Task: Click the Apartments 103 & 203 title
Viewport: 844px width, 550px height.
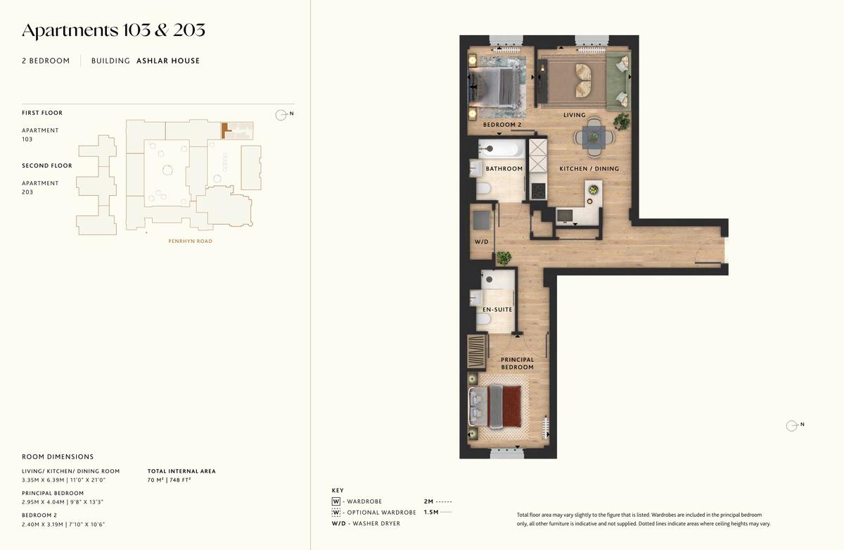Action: (113, 30)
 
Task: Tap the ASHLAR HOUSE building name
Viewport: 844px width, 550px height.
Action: (168, 61)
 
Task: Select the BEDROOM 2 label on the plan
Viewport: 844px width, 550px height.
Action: (502, 125)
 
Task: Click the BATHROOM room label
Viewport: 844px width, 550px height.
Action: (504, 168)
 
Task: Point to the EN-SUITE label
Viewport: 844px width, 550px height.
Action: (497, 309)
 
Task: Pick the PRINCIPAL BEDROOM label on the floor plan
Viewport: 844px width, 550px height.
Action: (518, 363)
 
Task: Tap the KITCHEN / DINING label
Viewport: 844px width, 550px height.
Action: (589, 168)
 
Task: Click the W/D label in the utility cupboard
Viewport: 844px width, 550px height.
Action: (482, 242)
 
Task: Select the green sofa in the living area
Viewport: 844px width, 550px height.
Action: (618, 81)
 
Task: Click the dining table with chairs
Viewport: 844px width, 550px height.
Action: (594, 137)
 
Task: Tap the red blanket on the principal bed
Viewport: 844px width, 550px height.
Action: (511, 406)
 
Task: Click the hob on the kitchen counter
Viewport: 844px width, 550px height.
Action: (538, 191)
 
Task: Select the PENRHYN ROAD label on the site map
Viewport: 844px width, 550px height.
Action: (191, 241)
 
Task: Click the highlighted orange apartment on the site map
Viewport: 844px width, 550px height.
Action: (225, 130)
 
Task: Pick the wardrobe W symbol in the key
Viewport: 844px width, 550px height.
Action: (335, 501)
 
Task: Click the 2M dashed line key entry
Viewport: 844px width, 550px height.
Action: (437, 501)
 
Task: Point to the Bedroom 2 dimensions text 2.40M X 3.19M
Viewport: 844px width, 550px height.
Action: (42, 525)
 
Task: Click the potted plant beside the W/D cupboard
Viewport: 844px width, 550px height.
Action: (504, 258)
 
